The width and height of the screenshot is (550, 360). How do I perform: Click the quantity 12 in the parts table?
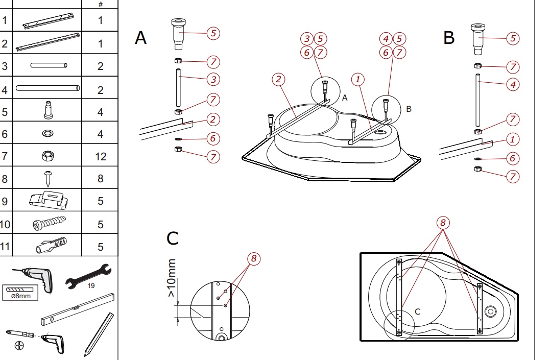[x=100, y=156]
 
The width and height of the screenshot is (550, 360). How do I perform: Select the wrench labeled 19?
[x=88, y=276]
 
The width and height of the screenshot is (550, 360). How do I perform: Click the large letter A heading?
[x=141, y=37]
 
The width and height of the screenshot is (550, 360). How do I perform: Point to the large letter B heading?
[x=449, y=37]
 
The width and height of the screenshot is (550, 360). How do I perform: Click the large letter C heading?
[x=173, y=238]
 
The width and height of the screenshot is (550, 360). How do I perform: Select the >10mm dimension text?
[x=172, y=278]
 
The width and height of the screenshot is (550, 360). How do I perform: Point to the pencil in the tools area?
[x=99, y=334]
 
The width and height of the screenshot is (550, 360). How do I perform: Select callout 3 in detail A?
[x=213, y=79]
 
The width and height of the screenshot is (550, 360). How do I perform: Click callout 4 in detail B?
[x=513, y=84]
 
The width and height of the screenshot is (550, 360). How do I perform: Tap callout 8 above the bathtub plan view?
[x=443, y=223]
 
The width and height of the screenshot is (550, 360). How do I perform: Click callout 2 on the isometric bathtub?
[x=278, y=79]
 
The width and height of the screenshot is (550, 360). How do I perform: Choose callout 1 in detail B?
[x=513, y=139]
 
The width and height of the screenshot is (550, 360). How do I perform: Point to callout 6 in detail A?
[x=213, y=139]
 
